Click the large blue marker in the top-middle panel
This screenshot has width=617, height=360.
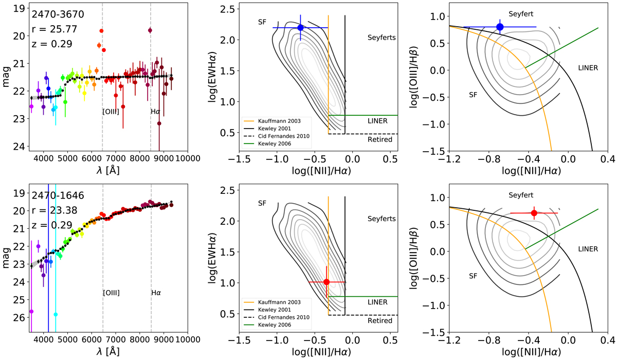tap(300, 27)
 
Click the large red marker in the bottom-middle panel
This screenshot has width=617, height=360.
tap(326, 282)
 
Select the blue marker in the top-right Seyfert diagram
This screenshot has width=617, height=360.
tap(500, 27)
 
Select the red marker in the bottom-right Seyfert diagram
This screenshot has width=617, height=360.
tap(534, 213)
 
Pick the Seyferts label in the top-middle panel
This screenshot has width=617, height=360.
tap(382, 38)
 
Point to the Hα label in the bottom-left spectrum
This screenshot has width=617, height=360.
tap(155, 293)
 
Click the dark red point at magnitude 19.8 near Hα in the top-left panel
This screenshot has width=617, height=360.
tap(150, 30)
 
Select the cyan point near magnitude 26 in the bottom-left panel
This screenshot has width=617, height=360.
tap(56, 314)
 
